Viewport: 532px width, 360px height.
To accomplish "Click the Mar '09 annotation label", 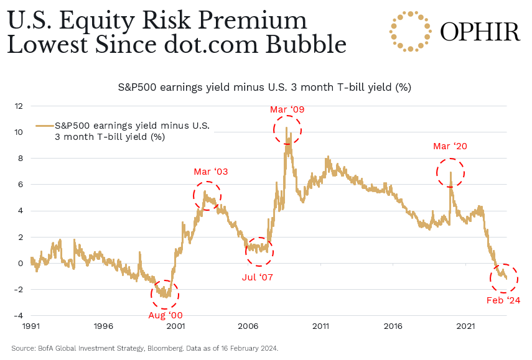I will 287,110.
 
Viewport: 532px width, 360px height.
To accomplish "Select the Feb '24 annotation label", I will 503,301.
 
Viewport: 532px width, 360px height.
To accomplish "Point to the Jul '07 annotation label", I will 258,277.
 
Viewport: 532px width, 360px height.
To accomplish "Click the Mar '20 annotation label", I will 450,147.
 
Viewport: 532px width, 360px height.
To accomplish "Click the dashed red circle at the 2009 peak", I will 287,130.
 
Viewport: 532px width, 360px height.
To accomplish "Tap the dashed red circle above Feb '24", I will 503,277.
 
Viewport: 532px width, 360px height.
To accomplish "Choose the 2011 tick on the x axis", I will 321,326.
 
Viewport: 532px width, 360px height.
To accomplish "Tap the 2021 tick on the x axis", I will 466,326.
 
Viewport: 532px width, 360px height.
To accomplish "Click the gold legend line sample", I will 44,126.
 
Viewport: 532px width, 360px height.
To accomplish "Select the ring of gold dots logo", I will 410,31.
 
